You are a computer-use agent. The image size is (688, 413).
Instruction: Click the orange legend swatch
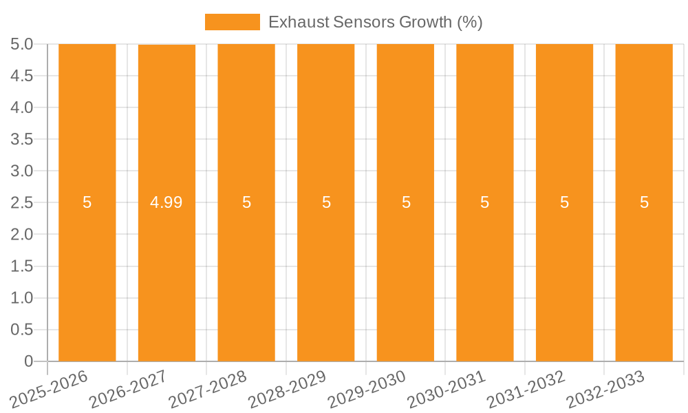pos(232,22)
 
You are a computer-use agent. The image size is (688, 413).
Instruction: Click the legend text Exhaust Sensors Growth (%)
pos(375,22)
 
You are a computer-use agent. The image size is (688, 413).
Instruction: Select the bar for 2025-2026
pos(87,275)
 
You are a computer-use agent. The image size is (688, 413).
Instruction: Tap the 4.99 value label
pos(166,202)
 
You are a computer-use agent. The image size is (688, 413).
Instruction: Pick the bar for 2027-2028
pos(246,275)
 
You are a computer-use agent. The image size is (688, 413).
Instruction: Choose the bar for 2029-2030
pos(405,275)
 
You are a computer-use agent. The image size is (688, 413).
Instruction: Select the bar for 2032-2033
pos(644,275)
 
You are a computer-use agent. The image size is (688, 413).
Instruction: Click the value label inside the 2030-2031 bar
pos(485,202)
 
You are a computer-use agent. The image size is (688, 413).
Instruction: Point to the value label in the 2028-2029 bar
pos(326,202)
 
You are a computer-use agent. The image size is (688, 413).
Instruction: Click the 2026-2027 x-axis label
pos(128,390)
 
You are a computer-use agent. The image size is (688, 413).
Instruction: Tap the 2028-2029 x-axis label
pos(287,390)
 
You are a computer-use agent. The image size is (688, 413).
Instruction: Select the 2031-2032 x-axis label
pos(526,390)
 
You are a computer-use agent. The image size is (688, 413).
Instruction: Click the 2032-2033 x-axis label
pos(605,390)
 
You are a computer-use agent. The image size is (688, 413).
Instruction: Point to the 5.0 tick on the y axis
pos(22,44)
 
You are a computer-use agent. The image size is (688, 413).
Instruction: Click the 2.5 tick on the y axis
pos(22,202)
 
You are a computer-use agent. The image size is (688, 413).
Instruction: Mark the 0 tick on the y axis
pos(28,361)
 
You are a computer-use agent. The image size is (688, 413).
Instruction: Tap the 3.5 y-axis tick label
pos(22,139)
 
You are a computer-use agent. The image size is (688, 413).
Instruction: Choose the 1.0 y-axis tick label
pos(22,298)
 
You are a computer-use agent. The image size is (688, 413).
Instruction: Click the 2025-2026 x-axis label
pos(49,390)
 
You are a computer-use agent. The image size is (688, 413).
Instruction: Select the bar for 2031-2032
pos(564,275)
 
